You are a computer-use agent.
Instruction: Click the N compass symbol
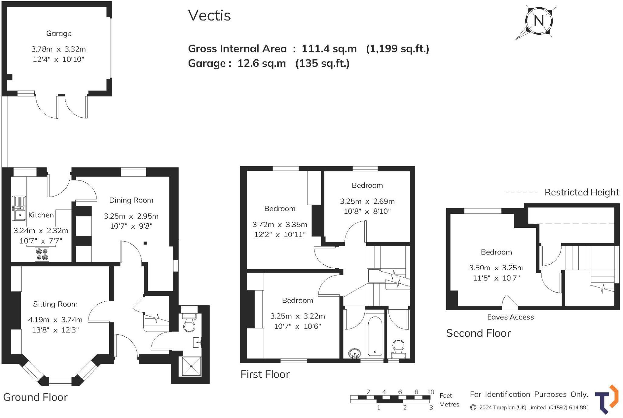(x=539, y=21)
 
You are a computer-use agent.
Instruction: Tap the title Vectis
(x=209, y=15)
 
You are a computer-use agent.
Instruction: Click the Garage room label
(x=59, y=33)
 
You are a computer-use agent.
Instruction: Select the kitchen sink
(x=19, y=208)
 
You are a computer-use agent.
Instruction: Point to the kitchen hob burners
(x=42, y=255)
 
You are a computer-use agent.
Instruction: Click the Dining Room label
(x=131, y=200)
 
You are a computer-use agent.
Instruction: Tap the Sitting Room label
(x=55, y=304)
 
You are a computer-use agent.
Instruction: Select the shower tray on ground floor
(x=191, y=366)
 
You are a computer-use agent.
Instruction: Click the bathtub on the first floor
(x=375, y=336)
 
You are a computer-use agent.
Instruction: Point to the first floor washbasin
(x=354, y=353)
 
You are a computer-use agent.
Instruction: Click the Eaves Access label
(x=510, y=317)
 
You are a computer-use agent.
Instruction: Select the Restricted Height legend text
(x=582, y=192)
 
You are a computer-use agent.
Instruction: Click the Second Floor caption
(x=478, y=333)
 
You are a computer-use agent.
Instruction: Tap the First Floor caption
(x=265, y=374)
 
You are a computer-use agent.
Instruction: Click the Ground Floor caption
(x=35, y=397)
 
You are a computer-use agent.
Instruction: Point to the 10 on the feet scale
(x=430, y=392)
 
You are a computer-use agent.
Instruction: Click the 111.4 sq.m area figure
(x=329, y=49)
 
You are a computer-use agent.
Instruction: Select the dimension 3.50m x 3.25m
(x=496, y=268)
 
